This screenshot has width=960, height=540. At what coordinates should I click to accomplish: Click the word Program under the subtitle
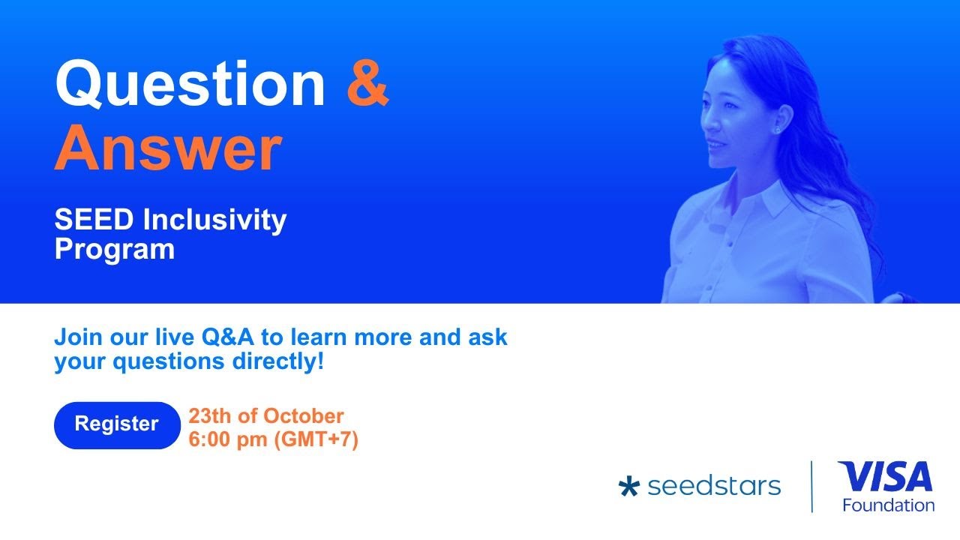point(114,249)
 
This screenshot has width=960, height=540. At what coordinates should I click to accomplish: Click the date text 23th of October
point(265,415)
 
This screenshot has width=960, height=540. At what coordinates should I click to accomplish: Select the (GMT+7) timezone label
point(316,439)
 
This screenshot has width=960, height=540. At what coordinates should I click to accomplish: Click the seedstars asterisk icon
point(628,487)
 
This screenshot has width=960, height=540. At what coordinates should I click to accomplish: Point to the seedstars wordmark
point(713,486)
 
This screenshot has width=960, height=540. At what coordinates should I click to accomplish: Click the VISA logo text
point(885,477)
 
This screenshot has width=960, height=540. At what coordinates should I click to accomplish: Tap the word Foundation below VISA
point(888,505)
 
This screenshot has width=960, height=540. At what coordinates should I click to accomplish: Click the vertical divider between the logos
point(812,487)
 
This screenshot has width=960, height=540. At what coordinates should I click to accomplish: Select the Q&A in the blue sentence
point(228,337)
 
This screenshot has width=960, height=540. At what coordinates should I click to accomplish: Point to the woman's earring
point(775,129)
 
